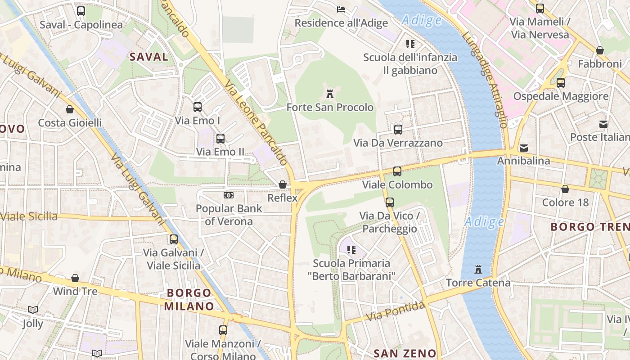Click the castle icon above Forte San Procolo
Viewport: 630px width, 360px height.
(x=330, y=94)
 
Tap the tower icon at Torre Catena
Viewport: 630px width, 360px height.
(x=478, y=270)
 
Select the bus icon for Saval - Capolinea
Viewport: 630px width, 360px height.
(x=81, y=11)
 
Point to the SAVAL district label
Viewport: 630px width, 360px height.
(x=148, y=57)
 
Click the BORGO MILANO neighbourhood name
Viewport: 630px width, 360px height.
(x=189, y=300)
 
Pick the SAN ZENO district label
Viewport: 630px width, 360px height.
(x=405, y=353)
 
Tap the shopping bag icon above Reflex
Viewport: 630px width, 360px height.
(x=283, y=184)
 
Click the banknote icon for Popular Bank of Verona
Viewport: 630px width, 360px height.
(x=229, y=195)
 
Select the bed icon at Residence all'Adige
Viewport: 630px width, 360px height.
(x=341, y=9)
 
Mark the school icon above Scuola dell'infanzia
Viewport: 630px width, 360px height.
(x=410, y=44)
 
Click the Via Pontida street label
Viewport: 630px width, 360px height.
(x=395, y=311)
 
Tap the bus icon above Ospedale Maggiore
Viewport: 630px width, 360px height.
(x=561, y=83)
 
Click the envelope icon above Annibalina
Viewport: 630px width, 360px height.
(x=524, y=148)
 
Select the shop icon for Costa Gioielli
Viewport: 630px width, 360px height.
(x=70, y=109)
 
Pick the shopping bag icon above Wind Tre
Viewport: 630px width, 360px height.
(x=75, y=278)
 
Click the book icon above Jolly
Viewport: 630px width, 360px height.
(x=32, y=310)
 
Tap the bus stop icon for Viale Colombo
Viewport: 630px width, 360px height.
(x=397, y=171)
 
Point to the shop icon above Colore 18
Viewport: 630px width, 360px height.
(x=565, y=189)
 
